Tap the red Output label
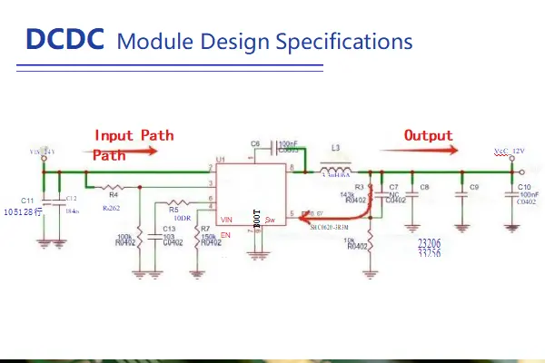429,135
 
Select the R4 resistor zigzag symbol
114,185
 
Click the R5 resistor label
173,210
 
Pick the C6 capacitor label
255,144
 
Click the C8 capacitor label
424,187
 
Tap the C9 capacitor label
474,187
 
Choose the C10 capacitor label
524,186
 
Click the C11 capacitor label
27,200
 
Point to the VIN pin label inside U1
227,220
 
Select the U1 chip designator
220,159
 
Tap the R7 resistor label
205,229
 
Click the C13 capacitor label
168,229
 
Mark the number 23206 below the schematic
429,244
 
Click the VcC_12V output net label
509,151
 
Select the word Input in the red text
114,135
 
